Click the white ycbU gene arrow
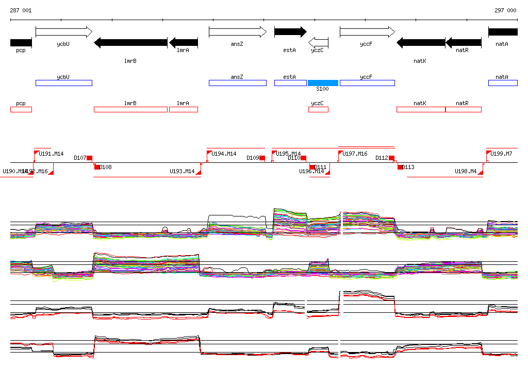pyautogui.click(x=63, y=32)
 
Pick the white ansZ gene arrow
pyautogui.click(x=237, y=32)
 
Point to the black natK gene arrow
pyautogui.click(x=420, y=42)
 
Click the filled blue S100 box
pyautogui.click(x=323, y=83)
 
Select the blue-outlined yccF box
pyautogui.click(x=367, y=83)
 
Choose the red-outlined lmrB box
pyautogui.click(x=130, y=109)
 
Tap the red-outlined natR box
pyautogui.click(x=463, y=109)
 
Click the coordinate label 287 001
pyautogui.click(x=21, y=10)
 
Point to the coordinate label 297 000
pyautogui.click(x=505, y=10)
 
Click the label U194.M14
pyautogui.click(x=224, y=154)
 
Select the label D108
pyautogui.click(x=105, y=167)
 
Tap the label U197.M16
pyautogui.click(x=355, y=154)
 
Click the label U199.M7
pyautogui.click(x=501, y=154)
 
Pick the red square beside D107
pyautogui.click(x=89, y=158)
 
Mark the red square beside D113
pyautogui.click(x=400, y=167)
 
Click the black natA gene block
pyautogui.click(x=503, y=32)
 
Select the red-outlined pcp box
pyautogui.click(x=21, y=109)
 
